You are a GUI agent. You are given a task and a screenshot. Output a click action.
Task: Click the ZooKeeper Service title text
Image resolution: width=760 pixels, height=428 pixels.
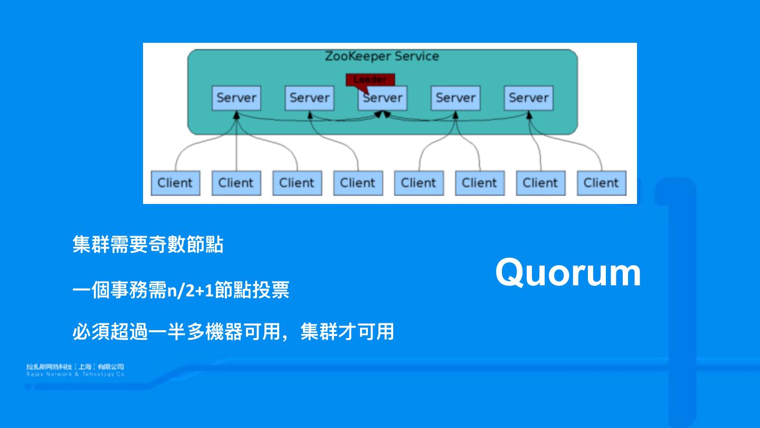pyautogui.click(x=382, y=56)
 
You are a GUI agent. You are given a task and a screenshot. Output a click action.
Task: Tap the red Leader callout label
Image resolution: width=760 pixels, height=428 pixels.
pyautogui.click(x=370, y=79)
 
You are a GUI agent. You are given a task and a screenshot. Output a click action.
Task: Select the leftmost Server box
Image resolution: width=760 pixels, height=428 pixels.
pyautogui.click(x=236, y=98)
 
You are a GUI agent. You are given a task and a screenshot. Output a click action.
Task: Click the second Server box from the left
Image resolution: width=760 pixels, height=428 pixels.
pyautogui.click(x=309, y=98)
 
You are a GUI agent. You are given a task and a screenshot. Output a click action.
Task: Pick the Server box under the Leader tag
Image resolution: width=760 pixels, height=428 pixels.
pyautogui.click(x=383, y=98)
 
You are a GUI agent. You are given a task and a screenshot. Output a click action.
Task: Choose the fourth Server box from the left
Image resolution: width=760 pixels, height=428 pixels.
pyautogui.click(x=455, y=98)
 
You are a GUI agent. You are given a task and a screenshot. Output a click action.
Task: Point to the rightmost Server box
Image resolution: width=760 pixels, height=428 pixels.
pyautogui.click(x=528, y=98)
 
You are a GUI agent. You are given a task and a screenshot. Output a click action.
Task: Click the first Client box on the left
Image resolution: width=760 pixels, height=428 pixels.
pyautogui.click(x=175, y=183)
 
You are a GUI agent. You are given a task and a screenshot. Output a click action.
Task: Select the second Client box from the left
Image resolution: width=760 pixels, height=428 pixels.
pyautogui.click(x=236, y=183)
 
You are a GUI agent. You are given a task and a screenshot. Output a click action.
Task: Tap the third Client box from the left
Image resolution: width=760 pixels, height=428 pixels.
pyautogui.click(x=297, y=183)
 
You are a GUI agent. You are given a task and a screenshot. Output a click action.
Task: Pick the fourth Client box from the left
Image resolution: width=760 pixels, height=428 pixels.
pyautogui.click(x=358, y=183)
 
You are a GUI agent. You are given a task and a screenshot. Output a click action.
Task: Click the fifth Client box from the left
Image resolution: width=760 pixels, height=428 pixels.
pyautogui.click(x=419, y=183)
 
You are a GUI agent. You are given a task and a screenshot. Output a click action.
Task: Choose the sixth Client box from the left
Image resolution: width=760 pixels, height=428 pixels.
pyautogui.click(x=480, y=183)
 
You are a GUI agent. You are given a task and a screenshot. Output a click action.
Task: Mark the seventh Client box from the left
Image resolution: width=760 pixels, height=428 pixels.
pyautogui.click(x=540, y=183)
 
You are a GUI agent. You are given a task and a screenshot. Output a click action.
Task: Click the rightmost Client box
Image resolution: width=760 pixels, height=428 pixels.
pyautogui.click(x=601, y=183)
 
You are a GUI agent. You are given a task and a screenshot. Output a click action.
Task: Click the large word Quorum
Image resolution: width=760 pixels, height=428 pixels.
pyautogui.click(x=568, y=273)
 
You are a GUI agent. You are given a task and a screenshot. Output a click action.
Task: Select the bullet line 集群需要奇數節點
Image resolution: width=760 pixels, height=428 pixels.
pyautogui.click(x=148, y=245)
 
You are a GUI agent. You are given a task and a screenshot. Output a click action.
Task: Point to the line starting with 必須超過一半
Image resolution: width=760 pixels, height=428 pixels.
pyautogui.click(x=233, y=332)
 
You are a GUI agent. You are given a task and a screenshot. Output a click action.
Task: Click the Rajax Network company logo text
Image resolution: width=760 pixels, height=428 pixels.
pyautogui.click(x=75, y=370)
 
